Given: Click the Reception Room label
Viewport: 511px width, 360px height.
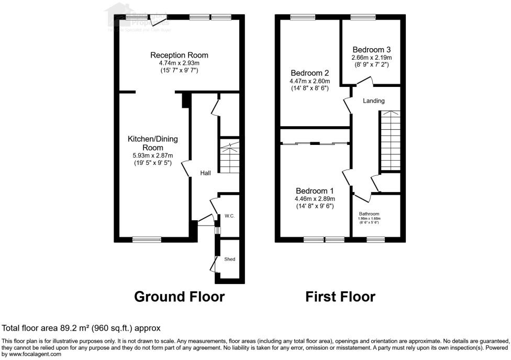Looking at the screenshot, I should click(x=179, y=55).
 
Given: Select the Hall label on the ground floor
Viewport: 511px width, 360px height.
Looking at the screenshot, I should click(x=205, y=173).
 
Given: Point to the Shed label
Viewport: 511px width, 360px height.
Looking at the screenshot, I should click(x=230, y=259).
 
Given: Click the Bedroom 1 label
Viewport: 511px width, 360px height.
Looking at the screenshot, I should click(x=315, y=190).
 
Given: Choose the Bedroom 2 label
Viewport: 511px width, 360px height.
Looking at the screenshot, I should click(x=309, y=73).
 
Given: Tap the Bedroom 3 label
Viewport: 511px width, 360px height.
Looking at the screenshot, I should click(x=371, y=49).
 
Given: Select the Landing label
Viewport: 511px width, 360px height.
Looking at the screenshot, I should click(x=374, y=101).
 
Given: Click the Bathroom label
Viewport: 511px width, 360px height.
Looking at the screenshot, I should click(x=369, y=213).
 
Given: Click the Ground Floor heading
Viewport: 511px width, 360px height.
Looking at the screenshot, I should click(x=180, y=297).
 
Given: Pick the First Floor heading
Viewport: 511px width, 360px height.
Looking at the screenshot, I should click(x=340, y=297).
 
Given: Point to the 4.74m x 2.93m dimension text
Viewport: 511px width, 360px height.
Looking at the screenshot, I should click(x=179, y=63).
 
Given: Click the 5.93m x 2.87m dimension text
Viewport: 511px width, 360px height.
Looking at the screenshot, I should click(x=153, y=155).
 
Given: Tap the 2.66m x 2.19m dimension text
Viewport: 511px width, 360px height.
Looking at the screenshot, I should click(x=371, y=58).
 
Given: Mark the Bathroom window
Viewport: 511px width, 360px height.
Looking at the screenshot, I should click(x=375, y=240).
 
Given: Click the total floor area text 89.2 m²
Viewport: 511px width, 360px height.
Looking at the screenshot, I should click(x=81, y=328).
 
